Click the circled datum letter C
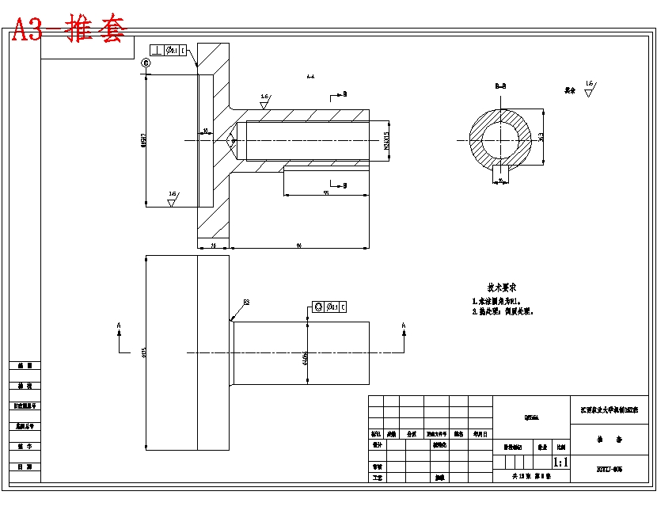[146, 63]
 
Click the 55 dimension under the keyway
[325, 192]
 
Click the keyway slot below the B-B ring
[502, 170]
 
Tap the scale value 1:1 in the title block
[560, 462]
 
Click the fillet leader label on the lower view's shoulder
[245, 303]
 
